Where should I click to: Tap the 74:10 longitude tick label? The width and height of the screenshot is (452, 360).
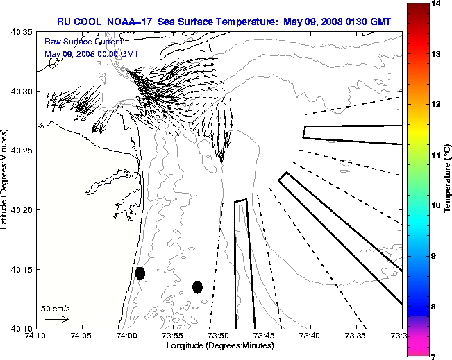pyautogui.click(x=35, y=336)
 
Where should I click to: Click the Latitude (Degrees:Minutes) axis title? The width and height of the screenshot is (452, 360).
pyautogui.click(x=6, y=180)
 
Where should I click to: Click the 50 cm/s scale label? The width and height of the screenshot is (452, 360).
pyautogui.click(x=55, y=308)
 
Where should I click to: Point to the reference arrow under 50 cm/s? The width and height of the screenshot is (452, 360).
pyautogui.click(x=56, y=319)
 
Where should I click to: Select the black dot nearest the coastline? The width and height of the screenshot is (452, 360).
pyautogui.click(x=140, y=273)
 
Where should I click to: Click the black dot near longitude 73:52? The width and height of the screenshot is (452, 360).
pyautogui.click(x=197, y=286)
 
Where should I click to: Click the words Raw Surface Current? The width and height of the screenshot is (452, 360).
pyautogui.click(x=77, y=42)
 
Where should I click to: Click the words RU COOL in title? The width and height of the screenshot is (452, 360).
pyautogui.click(x=82, y=22)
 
